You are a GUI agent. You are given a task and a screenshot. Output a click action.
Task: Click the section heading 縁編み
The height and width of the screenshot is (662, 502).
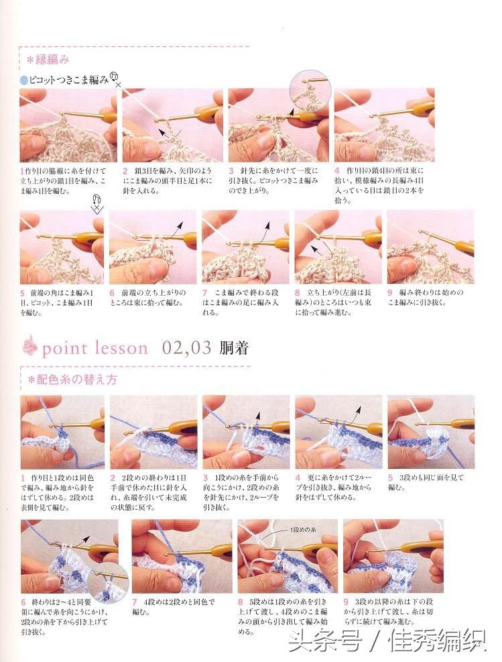tap(48, 60)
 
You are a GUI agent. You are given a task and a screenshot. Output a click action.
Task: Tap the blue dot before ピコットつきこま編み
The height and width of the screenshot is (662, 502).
tap(24, 80)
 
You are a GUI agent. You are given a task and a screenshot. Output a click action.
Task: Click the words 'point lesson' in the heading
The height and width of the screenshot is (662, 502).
tap(95, 348)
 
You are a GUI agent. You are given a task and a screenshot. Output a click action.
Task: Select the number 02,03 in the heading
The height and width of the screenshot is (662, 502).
tap(187, 347)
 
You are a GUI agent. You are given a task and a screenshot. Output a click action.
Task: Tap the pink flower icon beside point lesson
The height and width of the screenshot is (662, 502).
tap(29, 347)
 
